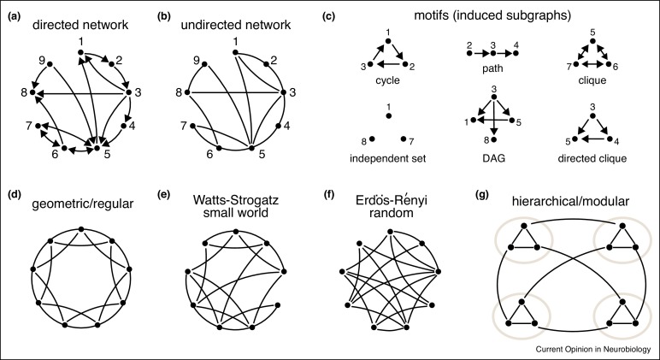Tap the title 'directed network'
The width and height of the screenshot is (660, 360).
pos(83,26)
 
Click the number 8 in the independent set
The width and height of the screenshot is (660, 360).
pos(363,139)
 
